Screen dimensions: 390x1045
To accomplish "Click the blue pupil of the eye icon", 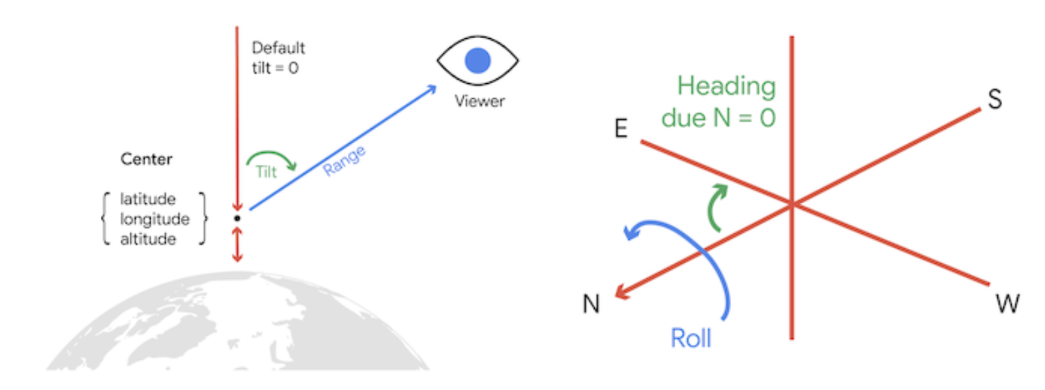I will pos(478,60).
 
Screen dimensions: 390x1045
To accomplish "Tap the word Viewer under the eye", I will pos(480,102).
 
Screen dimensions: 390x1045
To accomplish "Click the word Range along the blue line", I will pos(344,161).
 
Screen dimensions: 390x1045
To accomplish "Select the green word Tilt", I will pos(266,172).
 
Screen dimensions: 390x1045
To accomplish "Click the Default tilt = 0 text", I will pos(278,58).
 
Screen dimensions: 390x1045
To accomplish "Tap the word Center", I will pos(146,159).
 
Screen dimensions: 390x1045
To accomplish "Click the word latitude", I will pos(148,199).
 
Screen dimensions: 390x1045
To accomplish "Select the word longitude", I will pos(154,219).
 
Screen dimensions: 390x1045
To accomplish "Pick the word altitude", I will pos(148,239).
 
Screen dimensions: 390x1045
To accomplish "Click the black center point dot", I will pos(237,218).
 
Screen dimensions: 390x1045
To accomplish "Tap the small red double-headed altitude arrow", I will pos(237,245).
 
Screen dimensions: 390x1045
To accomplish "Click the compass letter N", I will pos(591,305).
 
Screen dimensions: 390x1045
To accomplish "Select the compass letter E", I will pos(620,129).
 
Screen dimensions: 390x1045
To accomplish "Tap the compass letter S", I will pos(995,100).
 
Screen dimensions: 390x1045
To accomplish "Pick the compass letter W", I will pos(1006,304).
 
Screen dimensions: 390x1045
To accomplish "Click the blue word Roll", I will pos(690,338).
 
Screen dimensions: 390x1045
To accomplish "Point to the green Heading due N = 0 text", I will pos(718,102).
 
